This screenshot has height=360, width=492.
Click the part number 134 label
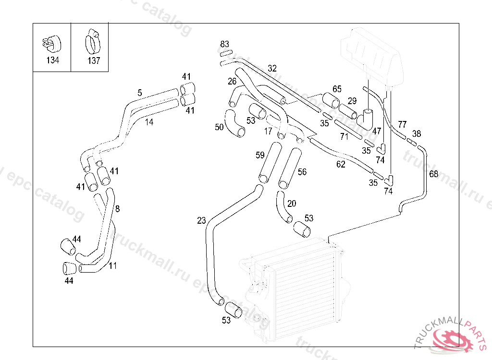pyautogui.click(x=52, y=60)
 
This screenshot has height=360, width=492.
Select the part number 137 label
pyautogui.click(x=94, y=61)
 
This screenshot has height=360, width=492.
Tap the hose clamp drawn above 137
pyautogui.click(x=93, y=41)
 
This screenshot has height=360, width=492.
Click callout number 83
pyautogui.click(x=225, y=44)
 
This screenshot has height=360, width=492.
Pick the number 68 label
pyautogui.click(x=433, y=174)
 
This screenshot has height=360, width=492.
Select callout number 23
pyautogui.click(x=201, y=220)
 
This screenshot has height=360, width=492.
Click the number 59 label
pyautogui.click(x=260, y=155)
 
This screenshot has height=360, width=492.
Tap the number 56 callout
pyautogui.click(x=302, y=172)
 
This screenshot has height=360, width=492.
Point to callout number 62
pyautogui.click(x=341, y=165)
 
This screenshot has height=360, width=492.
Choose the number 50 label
pyautogui.click(x=220, y=127)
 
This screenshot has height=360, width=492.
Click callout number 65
pyautogui.click(x=337, y=89)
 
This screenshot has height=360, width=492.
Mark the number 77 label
pyautogui.click(x=402, y=124)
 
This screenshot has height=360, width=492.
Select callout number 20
pyautogui.click(x=292, y=204)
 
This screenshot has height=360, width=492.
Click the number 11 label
pyautogui.click(x=112, y=265)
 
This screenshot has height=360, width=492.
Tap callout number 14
pyautogui.click(x=149, y=122)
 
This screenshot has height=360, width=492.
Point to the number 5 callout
pyautogui.click(x=140, y=93)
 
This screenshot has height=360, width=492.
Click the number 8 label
pyautogui.click(x=118, y=209)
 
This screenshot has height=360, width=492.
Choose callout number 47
pyautogui.click(x=377, y=131)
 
